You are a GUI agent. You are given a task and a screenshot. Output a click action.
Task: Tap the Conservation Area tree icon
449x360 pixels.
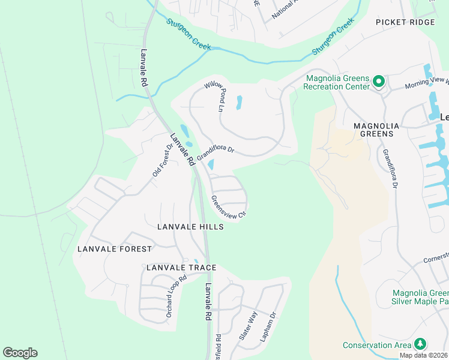421,344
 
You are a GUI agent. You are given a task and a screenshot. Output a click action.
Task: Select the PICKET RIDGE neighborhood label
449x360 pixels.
405,22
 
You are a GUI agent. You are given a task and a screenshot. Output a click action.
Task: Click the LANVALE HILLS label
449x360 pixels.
190,227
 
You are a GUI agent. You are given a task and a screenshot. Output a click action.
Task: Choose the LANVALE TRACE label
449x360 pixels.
181,267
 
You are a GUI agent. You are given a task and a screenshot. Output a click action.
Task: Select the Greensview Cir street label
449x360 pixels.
229,206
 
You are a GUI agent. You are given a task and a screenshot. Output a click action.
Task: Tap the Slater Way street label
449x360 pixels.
248,326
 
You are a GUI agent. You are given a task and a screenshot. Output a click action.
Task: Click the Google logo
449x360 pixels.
20,353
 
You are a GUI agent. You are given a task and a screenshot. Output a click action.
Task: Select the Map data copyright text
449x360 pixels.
424,355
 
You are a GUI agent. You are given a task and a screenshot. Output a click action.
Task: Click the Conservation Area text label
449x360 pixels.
377,345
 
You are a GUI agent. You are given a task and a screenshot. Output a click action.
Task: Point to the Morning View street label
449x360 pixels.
427,83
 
